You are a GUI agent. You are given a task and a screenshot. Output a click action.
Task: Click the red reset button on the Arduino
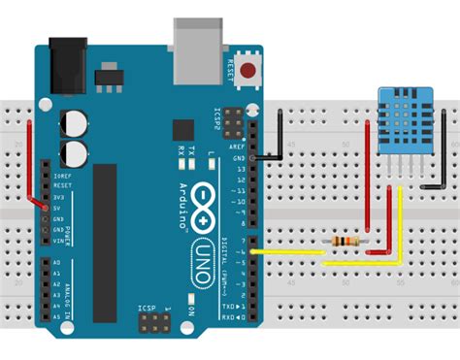[250, 70]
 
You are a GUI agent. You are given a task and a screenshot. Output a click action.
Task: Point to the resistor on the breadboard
[345, 241]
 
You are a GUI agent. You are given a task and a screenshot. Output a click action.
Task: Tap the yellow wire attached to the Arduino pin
[291, 253]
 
